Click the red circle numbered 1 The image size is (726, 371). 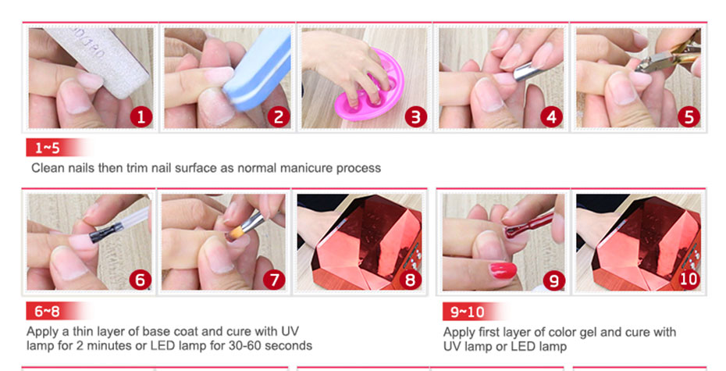coord(141,116)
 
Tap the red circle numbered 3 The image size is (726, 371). coord(415,116)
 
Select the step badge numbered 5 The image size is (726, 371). coord(689,116)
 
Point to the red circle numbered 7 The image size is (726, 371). coord(274,280)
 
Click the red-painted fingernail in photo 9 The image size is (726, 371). coord(503,270)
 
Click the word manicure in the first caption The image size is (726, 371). coord(306,168)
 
